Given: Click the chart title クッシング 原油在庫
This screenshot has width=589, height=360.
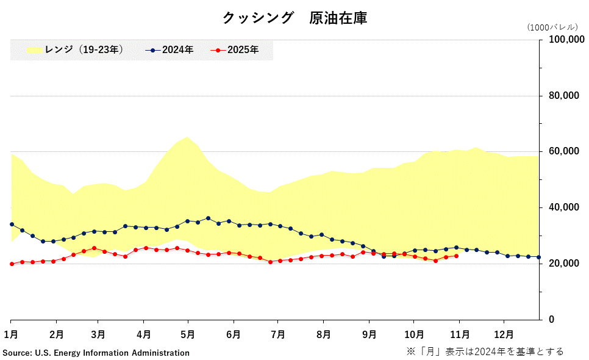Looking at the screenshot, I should pyautogui.click(x=294, y=18).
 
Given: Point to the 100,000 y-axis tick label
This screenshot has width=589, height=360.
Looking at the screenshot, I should pyautogui.click(x=563, y=40).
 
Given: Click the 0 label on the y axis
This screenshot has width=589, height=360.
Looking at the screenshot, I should pyautogui.click(x=552, y=320).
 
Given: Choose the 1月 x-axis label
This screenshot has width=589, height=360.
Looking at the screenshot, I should pyautogui.click(x=11, y=334).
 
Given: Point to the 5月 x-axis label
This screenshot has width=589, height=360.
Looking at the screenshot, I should pyautogui.click(x=188, y=334).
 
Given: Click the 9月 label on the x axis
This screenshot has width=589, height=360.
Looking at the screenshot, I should pyautogui.click(x=369, y=334).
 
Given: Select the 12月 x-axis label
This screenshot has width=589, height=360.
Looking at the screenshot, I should pyautogui.click(x=504, y=334).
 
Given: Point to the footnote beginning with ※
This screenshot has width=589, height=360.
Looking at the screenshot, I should pyautogui.click(x=485, y=351).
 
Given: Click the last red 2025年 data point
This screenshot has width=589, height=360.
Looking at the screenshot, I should pyautogui.click(x=456, y=256).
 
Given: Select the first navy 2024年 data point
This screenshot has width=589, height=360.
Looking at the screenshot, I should pyautogui.click(x=12, y=224).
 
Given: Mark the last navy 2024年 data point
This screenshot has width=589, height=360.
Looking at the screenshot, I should pyautogui.click(x=538, y=257).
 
